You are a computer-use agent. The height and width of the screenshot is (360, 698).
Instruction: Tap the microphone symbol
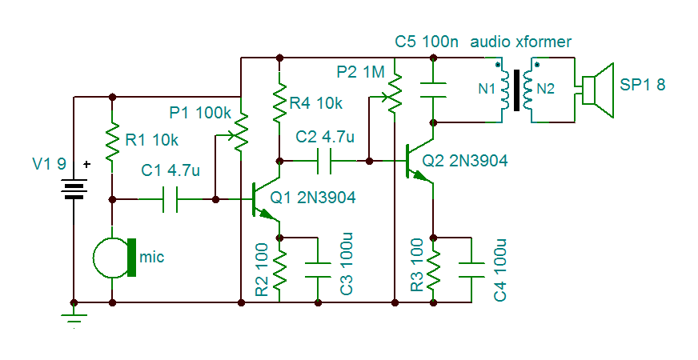point(113,258)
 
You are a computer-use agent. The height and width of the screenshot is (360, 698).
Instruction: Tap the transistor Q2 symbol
point(417,161)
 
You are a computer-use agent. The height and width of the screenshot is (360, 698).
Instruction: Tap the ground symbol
point(74,320)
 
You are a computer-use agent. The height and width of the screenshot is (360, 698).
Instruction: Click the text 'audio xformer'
point(521,42)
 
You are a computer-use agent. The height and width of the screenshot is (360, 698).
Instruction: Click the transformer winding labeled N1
point(505,89)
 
